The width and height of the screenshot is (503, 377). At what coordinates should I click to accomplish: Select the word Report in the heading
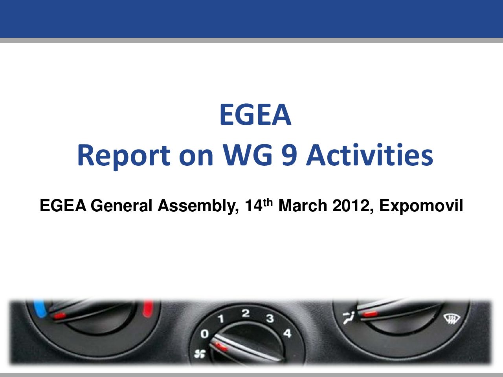click(x=124, y=156)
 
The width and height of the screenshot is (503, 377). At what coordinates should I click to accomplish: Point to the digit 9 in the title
click(x=290, y=155)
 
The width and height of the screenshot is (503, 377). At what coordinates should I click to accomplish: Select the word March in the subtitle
click(x=303, y=205)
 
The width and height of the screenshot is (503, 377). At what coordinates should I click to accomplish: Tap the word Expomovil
click(x=421, y=206)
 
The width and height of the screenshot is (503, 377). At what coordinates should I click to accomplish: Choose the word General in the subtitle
click(x=123, y=205)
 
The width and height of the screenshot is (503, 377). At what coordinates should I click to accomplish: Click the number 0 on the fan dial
click(x=205, y=334)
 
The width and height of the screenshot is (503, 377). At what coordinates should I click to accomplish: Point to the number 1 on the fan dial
click(x=221, y=318)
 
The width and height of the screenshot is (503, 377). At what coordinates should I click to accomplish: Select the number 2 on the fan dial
click(x=246, y=313)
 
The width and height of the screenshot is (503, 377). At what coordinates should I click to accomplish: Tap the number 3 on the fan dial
click(x=270, y=318)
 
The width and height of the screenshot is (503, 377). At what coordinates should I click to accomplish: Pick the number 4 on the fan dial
click(x=287, y=333)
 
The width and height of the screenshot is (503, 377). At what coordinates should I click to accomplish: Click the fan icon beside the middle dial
click(x=200, y=354)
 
